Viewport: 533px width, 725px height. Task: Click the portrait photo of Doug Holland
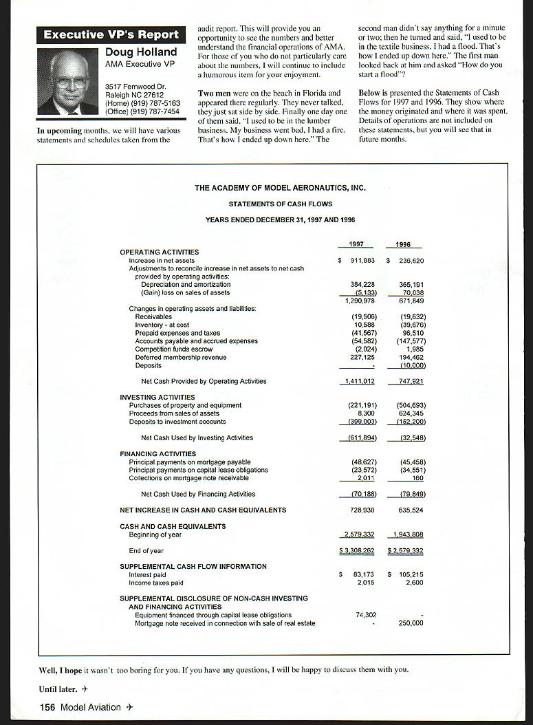67,81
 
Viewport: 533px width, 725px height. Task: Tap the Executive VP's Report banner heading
111,34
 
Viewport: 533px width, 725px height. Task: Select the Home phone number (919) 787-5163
142,103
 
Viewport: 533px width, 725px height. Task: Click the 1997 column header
356,244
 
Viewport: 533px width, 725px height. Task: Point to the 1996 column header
404,244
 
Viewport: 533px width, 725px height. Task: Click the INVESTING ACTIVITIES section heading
157,397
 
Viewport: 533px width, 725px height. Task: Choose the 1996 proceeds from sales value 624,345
411,413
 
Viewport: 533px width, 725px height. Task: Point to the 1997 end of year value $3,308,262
357,551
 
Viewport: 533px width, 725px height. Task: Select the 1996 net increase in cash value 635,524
411,510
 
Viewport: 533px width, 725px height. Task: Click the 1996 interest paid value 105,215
411,574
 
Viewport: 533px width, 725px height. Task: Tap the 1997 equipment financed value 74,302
366,615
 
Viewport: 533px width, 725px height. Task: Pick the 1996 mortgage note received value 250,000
411,623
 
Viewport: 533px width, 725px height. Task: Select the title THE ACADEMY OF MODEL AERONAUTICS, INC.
280,188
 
